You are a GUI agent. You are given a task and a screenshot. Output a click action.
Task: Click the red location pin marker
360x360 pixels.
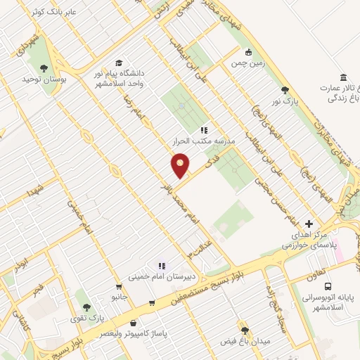pos(181,165)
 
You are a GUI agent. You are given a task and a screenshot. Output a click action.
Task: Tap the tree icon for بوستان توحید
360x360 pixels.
pos(44,68)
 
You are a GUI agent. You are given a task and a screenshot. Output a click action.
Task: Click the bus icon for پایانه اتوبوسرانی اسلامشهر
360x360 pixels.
pos(328,286)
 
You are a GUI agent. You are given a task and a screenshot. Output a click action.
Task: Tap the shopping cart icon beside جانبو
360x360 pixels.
pos(152,304)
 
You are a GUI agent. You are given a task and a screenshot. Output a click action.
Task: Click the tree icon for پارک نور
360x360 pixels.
pos(285,89)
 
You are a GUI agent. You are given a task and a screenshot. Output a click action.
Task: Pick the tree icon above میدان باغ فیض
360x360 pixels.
pos(245,330)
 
